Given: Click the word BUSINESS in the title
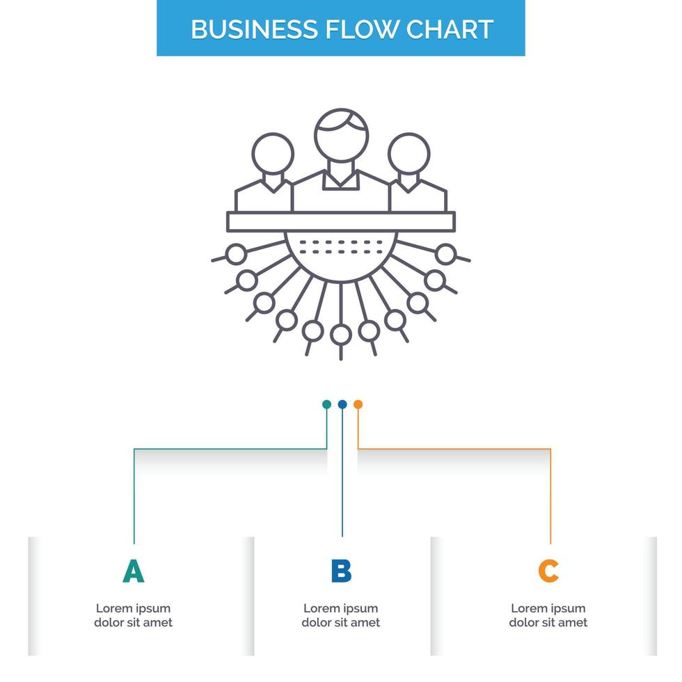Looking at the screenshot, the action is coord(255,29).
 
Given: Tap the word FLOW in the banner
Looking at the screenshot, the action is coord(361,29).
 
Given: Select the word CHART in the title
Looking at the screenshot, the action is coord(450,29).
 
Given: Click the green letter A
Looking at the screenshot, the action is coord(133,571).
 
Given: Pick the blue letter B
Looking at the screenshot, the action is coord(341,571).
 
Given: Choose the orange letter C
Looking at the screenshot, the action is coord(548,571).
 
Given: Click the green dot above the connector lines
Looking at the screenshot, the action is coord(326,404).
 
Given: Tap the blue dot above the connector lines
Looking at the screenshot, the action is coord(342,404).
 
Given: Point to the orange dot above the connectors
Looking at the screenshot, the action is coord(358,404).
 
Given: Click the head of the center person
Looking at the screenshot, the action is coord(342,135).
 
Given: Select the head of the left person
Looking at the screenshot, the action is coord(273,154).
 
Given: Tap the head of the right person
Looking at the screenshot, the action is coord(409,154).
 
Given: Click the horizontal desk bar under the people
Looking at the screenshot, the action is coord(341,221).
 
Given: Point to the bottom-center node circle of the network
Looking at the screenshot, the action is coord(341,335).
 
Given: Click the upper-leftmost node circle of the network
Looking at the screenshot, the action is coord(236,254).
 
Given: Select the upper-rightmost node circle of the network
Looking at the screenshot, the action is coord(446,254).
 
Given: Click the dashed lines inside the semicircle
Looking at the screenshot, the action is coord(341,247).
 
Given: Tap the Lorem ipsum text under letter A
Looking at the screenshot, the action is coord(133,615).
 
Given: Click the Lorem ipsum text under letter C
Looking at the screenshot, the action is coord(548,615).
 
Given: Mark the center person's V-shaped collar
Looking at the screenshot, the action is coord(341,180).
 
